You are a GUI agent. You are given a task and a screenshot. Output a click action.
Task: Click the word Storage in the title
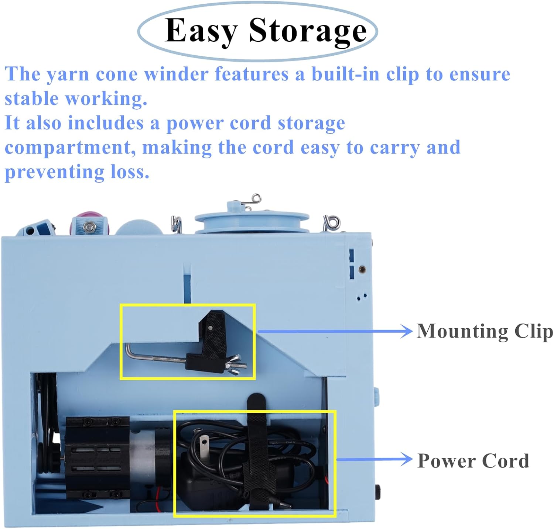click(308, 31)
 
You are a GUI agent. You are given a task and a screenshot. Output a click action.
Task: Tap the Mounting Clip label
click(485, 331)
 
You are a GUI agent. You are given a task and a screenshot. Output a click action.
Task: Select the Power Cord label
click(473, 461)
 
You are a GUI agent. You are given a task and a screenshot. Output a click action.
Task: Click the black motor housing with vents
click(97, 457)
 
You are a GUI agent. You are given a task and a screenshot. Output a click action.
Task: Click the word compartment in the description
click(68, 148)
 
